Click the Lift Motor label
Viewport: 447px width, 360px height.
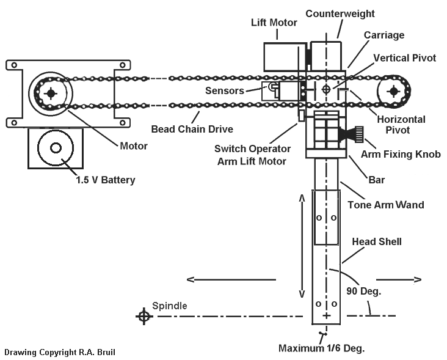coord(274,23)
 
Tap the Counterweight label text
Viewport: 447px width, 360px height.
coord(340,13)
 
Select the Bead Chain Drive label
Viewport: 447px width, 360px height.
coord(192,129)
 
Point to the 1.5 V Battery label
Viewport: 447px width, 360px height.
coord(106,180)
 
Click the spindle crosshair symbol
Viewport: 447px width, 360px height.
coord(144,316)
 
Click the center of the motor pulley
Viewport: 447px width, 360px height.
coord(51,93)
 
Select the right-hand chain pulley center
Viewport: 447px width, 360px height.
coord(394,92)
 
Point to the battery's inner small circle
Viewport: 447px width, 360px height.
coord(56,148)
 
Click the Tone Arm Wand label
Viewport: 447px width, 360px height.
coord(386,205)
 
